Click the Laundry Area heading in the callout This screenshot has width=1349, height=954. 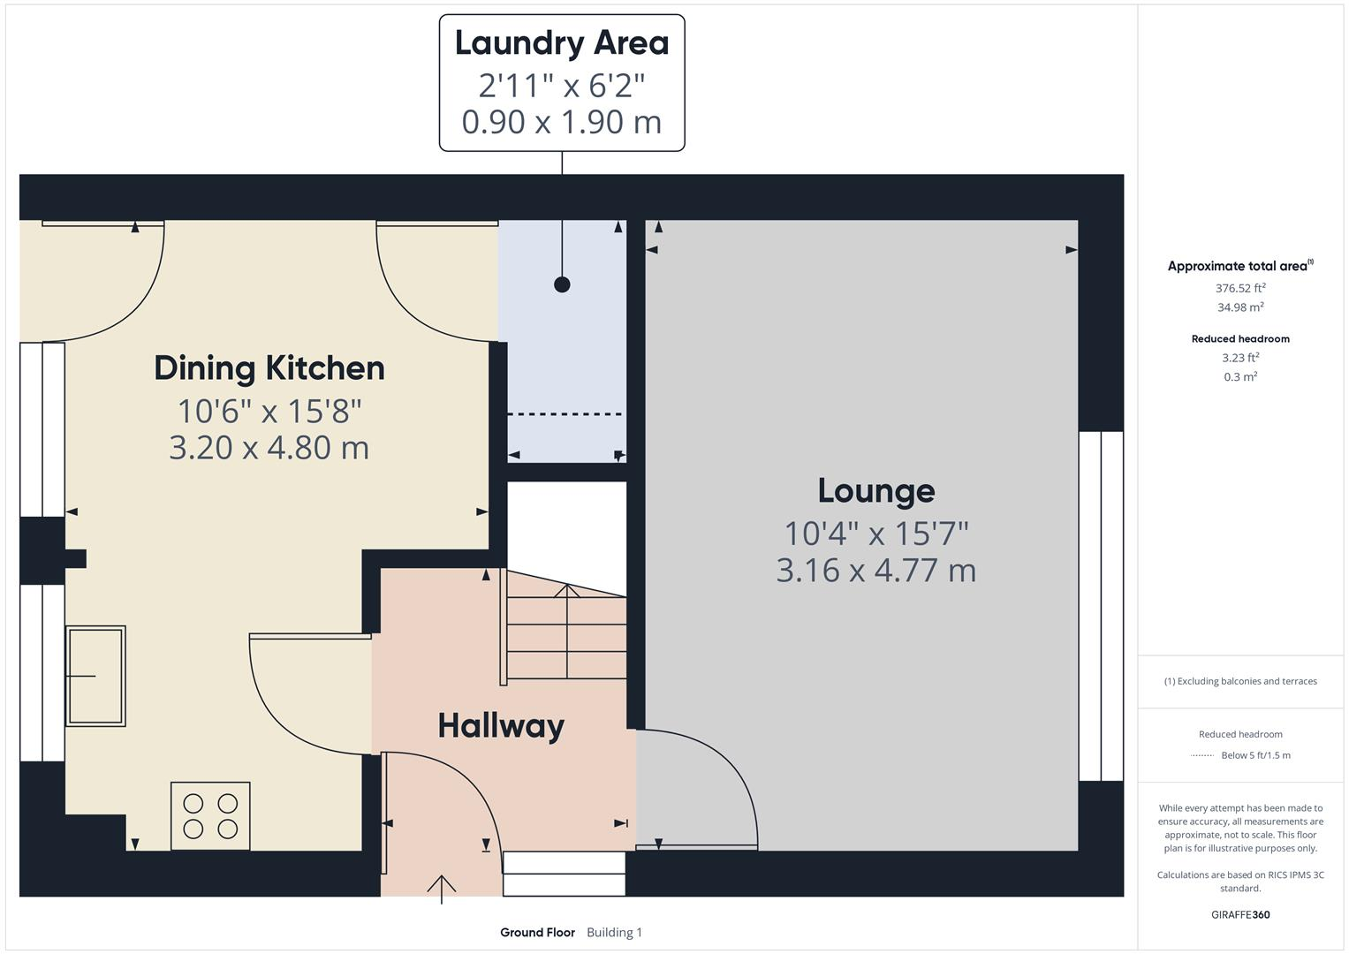point(562,43)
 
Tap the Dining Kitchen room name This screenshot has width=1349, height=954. point(269,368)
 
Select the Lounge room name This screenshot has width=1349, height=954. point(875,491)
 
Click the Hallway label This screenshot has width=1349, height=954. point(501,726)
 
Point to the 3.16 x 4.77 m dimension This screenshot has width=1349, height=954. point(875,571)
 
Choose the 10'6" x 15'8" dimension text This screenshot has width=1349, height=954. point(269,412)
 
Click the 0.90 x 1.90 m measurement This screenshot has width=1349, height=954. point(562,122)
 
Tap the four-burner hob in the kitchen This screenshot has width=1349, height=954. point(210,816)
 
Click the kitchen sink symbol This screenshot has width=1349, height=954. point(95,676)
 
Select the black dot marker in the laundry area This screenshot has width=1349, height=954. point(562,284)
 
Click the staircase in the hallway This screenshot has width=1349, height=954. point(565,632)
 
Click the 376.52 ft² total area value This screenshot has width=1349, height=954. point(1240,288)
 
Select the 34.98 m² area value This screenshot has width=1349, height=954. point(1240,307)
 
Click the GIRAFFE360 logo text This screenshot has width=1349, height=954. point(1240,914)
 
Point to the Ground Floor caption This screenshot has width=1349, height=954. point(537,932)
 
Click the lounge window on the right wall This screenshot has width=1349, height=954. point(1101,606)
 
